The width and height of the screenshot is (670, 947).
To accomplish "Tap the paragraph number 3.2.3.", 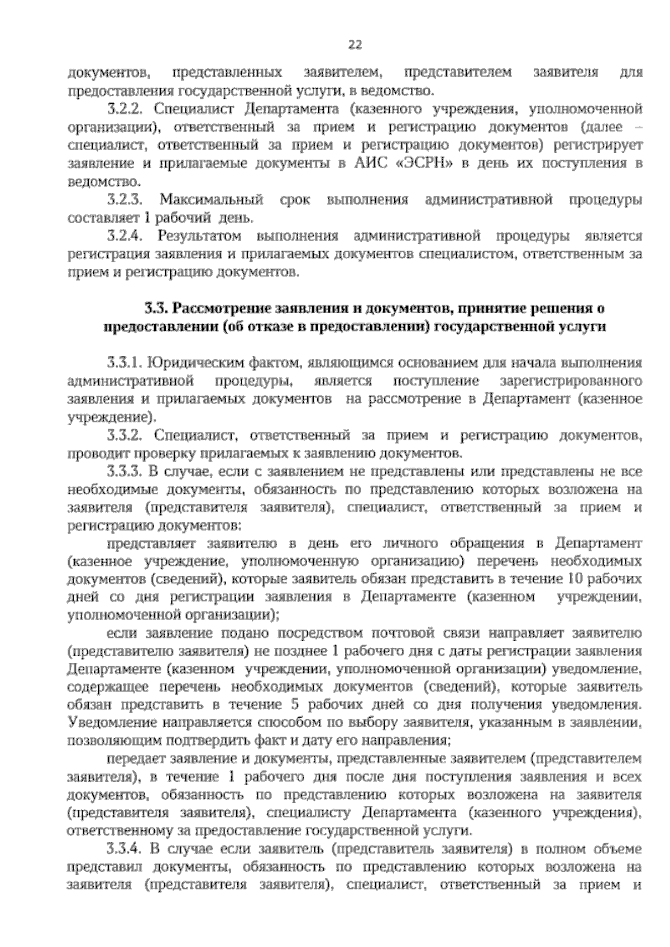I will click(x=124, y=200).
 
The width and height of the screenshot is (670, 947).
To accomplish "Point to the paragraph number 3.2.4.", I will click(x=124, y=236).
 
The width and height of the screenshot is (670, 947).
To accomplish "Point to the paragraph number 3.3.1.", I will click(x=124, y=363).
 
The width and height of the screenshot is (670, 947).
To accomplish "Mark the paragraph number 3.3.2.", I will click(x=124, y=436).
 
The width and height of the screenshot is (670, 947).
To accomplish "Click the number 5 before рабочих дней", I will click(x=295, y=705).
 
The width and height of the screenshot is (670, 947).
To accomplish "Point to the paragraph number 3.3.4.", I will click(x=124, y=850).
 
